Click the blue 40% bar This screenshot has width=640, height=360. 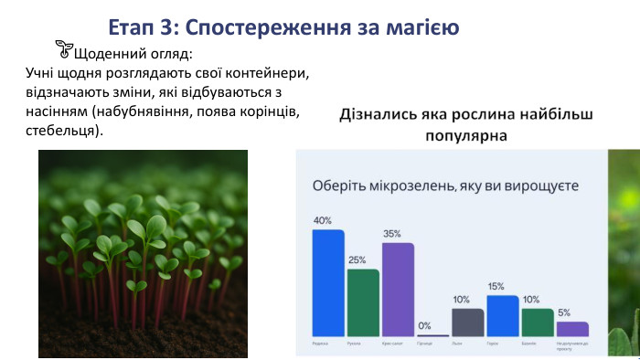point(328,283)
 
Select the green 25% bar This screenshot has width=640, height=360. point(363,302)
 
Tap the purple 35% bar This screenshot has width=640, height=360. point(398,290)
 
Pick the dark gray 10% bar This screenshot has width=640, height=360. point(468,322)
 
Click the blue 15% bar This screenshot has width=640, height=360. point(503,315)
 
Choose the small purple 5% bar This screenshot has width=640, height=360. point(572,328)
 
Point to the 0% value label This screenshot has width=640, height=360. point(424,325)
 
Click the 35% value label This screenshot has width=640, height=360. point(392,234)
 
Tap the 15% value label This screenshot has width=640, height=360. point(496,286)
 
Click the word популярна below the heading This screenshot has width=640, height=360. point(466,135)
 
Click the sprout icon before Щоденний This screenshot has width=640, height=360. point(63,48)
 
